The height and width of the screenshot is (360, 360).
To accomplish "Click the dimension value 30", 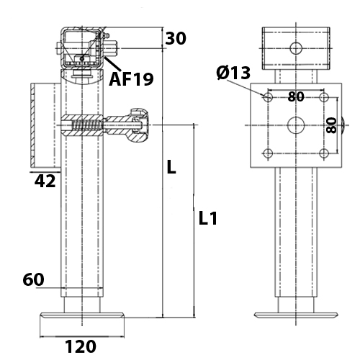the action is tap(176, 38).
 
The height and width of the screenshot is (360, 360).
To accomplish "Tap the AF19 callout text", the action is tap(131, 79).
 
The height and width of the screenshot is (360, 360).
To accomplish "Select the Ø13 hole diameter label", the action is tap(233, 73).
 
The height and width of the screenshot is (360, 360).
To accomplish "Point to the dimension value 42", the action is tap(45, 181).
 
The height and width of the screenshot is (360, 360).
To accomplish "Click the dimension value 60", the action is tap(33, 279).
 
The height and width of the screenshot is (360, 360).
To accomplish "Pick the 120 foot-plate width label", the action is tap(81, 346).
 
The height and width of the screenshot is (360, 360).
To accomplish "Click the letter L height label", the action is tap(171, 167).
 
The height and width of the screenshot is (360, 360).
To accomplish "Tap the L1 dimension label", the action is tap(208, 218).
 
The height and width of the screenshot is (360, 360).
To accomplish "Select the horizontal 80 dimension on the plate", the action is tap(296, 96).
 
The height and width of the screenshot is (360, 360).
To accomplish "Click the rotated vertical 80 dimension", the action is tap(331, 125).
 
